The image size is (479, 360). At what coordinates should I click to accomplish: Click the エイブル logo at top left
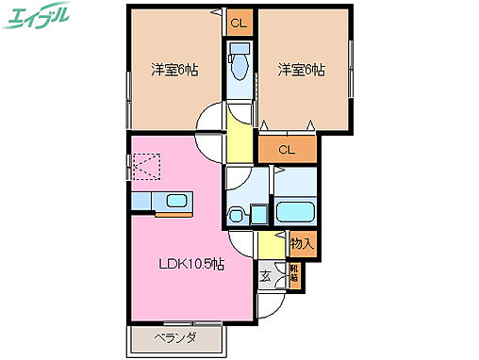point(39,16)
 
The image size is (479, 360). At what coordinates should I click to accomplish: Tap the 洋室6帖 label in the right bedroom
point(301,70)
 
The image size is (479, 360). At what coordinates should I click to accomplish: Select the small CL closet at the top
point(239,23)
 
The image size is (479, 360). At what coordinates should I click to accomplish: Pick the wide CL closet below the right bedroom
point(287,149)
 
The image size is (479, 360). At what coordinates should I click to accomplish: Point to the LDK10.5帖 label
point(190,265)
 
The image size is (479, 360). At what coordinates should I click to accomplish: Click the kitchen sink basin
point(176,201)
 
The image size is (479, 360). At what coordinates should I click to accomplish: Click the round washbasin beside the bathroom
point(237,214)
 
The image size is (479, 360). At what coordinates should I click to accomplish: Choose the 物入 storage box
point(301,243)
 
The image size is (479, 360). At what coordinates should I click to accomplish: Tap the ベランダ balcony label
point(176,337)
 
